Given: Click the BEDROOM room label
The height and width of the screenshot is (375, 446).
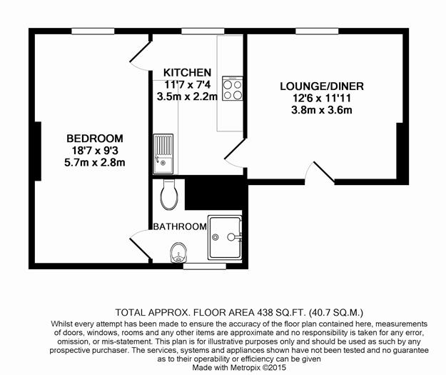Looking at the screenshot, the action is (x=95, y=139).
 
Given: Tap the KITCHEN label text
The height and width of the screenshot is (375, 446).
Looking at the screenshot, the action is (x=187, y=73).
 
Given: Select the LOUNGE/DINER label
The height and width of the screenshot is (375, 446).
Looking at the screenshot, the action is (x=322, y=86).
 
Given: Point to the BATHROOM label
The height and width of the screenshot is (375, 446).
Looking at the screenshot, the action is (x=180, y=226).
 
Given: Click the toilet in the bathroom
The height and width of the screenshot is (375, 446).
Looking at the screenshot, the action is (x=170, y=195).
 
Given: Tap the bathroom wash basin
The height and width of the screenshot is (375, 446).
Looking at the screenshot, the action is (x=178, y=252).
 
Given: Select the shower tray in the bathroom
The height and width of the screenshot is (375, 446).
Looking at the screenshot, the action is (x=225, y=237).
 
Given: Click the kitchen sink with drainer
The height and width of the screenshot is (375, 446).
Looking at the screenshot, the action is (x=163, y=154).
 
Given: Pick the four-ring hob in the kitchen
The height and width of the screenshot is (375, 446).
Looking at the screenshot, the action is (x=233, y=89).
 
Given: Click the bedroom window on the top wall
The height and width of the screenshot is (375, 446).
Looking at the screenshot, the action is (x=93, y=31).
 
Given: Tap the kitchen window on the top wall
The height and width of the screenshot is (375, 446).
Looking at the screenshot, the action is (x=203, y=31).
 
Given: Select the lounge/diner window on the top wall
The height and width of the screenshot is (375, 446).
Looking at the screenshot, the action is (x=317, y=31).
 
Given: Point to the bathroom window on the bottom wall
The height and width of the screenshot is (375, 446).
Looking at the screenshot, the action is (x=205, y=266).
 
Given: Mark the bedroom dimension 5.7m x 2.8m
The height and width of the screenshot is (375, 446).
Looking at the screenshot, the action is (x=95, y=163).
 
